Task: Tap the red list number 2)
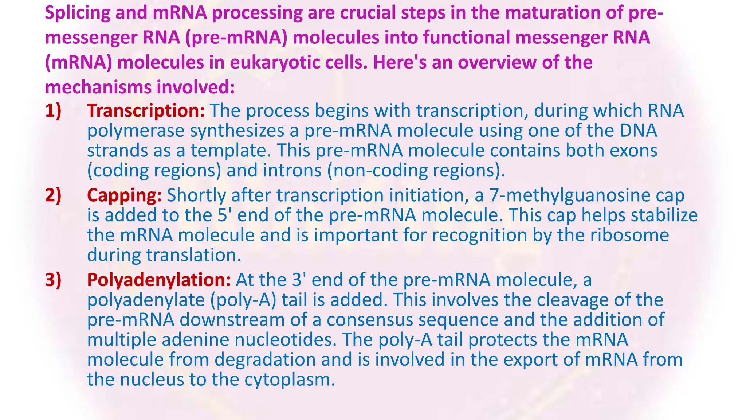(53, 195)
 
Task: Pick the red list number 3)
(53, 280)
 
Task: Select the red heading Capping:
(124, 195)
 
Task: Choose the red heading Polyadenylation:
(159, 280)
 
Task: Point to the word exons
(633, 150)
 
